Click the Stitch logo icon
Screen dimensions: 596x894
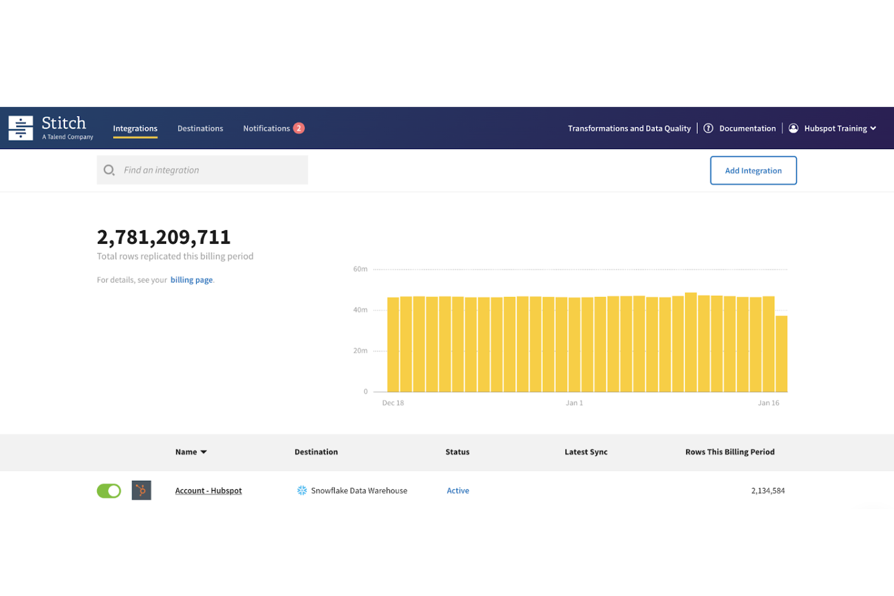21,128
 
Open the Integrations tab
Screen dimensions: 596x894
135,129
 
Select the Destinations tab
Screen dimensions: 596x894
200,129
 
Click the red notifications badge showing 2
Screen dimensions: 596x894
298,128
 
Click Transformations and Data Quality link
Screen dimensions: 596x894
629,129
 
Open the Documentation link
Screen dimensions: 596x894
747,129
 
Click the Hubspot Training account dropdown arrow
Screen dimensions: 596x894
873,129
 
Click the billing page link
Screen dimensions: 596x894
191,280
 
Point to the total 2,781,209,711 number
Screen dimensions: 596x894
164,237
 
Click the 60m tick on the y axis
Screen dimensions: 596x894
360,269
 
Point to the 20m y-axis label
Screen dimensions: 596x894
360,351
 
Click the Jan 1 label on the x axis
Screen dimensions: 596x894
574,403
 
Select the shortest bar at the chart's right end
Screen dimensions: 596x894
781,354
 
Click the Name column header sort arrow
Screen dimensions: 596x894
204,452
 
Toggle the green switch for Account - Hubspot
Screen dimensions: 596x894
109,491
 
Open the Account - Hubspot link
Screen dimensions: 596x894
208,491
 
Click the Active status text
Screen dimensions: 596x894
458,491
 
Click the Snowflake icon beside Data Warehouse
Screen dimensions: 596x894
302,491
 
